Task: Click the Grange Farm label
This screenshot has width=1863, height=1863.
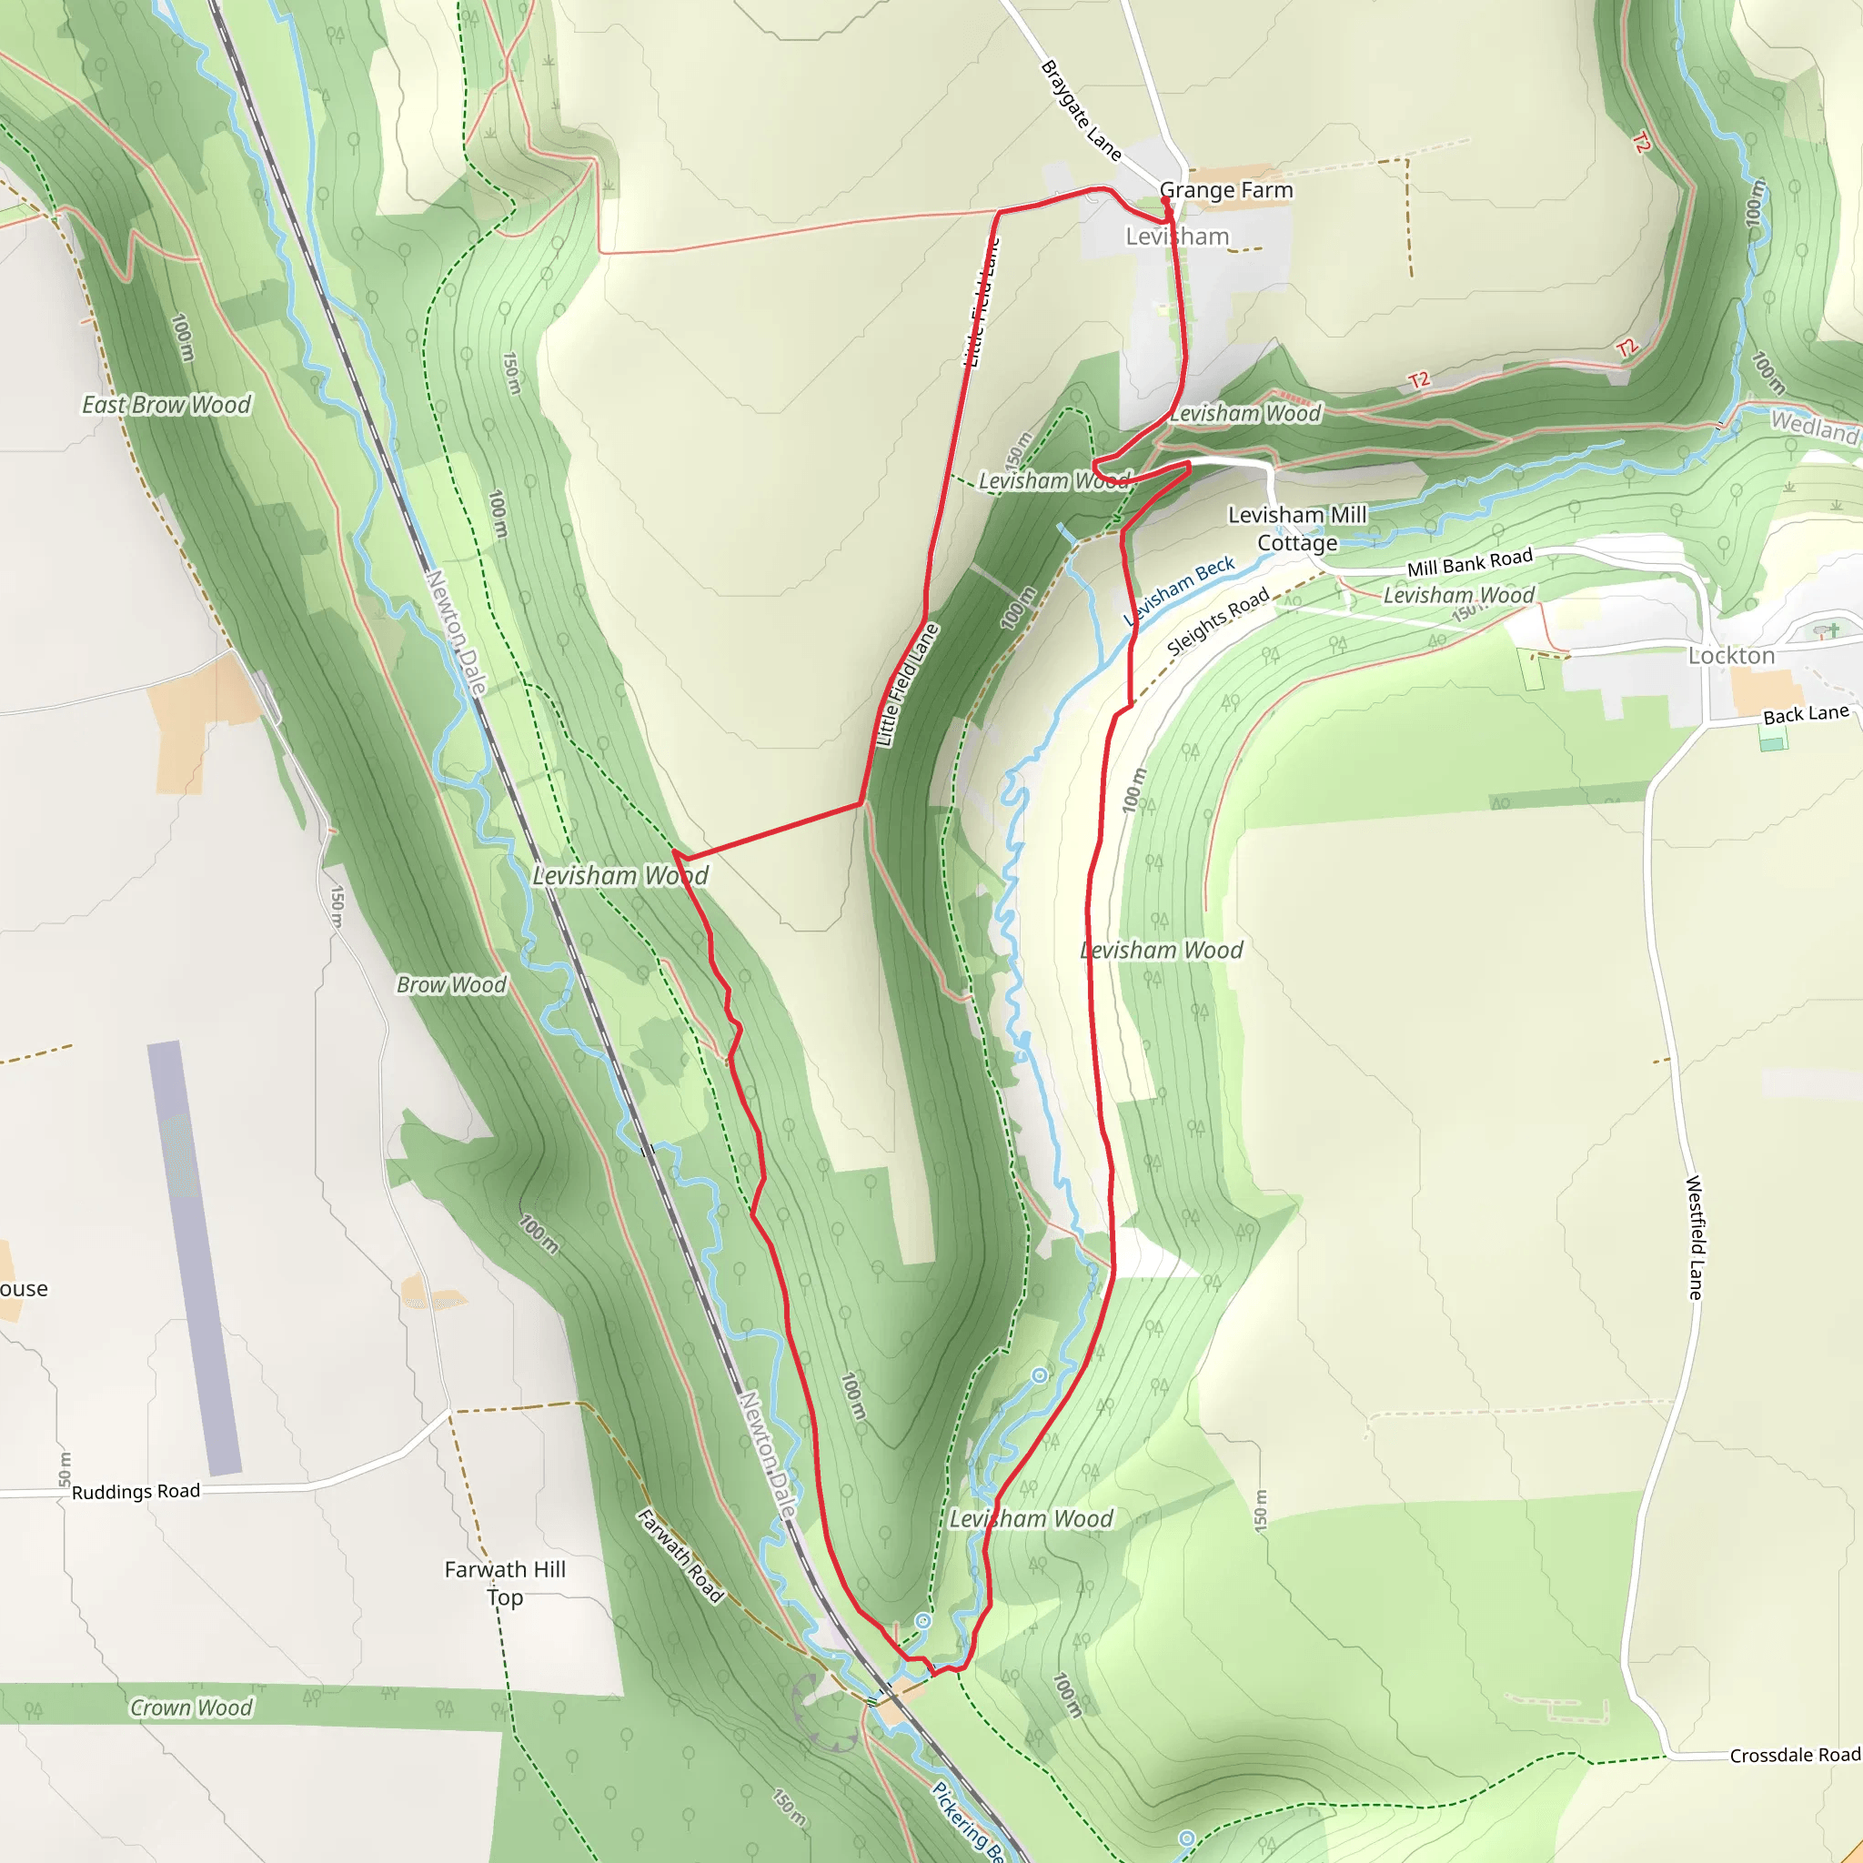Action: tap(1225, 190)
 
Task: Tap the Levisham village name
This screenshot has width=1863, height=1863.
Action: tap(1177, 237)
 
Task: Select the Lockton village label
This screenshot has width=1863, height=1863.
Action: tap(1731, 656)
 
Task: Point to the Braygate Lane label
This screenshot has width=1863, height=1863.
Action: tap(1081, 111)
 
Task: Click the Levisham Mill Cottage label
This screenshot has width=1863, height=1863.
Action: tap(1297, 529)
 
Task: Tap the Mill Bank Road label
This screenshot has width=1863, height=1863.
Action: tap(1470, 563)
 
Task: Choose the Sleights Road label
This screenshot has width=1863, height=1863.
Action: tap(1218, 623)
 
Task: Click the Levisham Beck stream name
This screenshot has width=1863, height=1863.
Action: tap(1178, 590)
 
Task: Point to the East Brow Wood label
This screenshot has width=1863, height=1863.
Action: tap(166, 405)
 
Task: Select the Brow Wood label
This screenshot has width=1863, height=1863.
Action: tap(451, 984)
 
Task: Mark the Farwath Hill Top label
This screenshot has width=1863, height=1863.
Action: tap(505, 1583)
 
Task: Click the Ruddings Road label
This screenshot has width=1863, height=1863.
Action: tap(136, 1492)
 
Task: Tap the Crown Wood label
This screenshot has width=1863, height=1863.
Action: tap(191, 1707)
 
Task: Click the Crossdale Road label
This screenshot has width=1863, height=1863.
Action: tap(1795, 1755)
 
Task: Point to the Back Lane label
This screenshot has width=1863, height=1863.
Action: tap(1806, 714)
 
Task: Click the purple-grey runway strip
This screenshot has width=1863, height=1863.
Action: tap(194, 1257)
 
